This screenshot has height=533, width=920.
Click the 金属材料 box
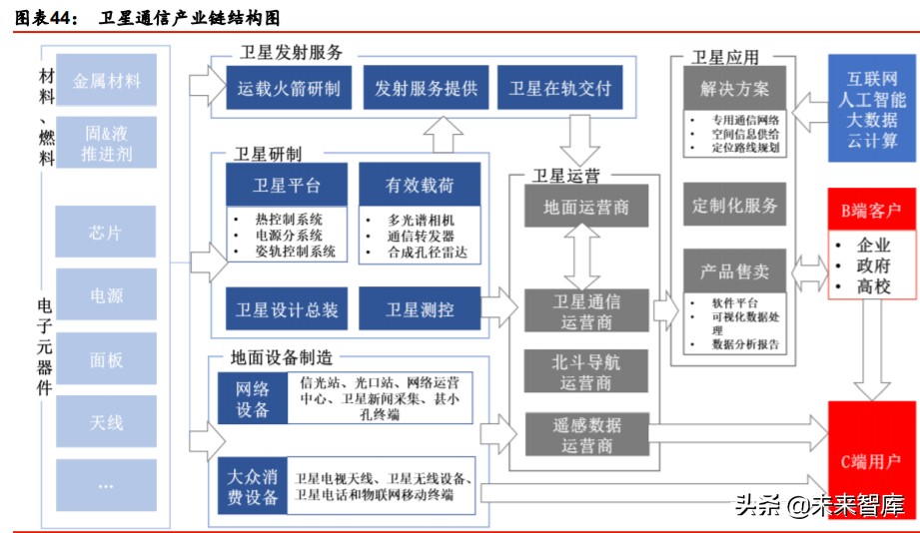(107, 80)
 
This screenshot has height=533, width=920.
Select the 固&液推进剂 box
(107, 143)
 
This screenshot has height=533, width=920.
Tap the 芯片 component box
(107, 233)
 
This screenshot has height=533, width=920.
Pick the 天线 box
(107, 422)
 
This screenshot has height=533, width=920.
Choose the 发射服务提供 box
(427, 88)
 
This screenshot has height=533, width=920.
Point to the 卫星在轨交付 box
(559, 88)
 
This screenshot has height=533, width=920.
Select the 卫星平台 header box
(287, 185)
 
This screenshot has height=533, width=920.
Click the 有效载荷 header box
(420, 185)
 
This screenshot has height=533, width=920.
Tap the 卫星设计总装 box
(287, 309)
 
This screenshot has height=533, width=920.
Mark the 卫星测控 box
(420, 309)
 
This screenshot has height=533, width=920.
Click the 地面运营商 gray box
(586, 208)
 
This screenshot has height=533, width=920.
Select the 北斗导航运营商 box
(586, 371)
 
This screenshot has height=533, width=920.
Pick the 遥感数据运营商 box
(586, 435)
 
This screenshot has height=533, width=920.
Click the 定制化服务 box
(735, 206)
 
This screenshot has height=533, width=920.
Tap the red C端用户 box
(872, 461)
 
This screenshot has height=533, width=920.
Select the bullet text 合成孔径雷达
(427, 253)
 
